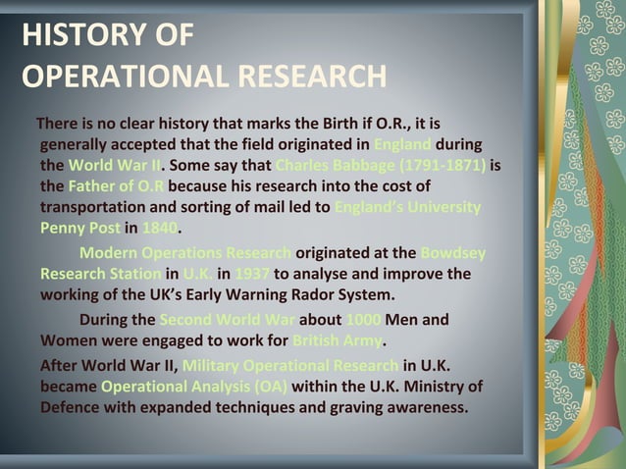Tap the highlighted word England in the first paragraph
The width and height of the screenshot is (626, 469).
pos(404,144)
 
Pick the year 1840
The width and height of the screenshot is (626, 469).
pos(160,228)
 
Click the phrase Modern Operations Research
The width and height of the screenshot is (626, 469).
pos(185,253)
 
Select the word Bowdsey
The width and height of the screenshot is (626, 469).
pos(452,253)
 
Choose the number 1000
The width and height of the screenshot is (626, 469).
pos(362,320)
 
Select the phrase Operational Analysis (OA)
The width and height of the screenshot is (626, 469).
pos(193,386)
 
